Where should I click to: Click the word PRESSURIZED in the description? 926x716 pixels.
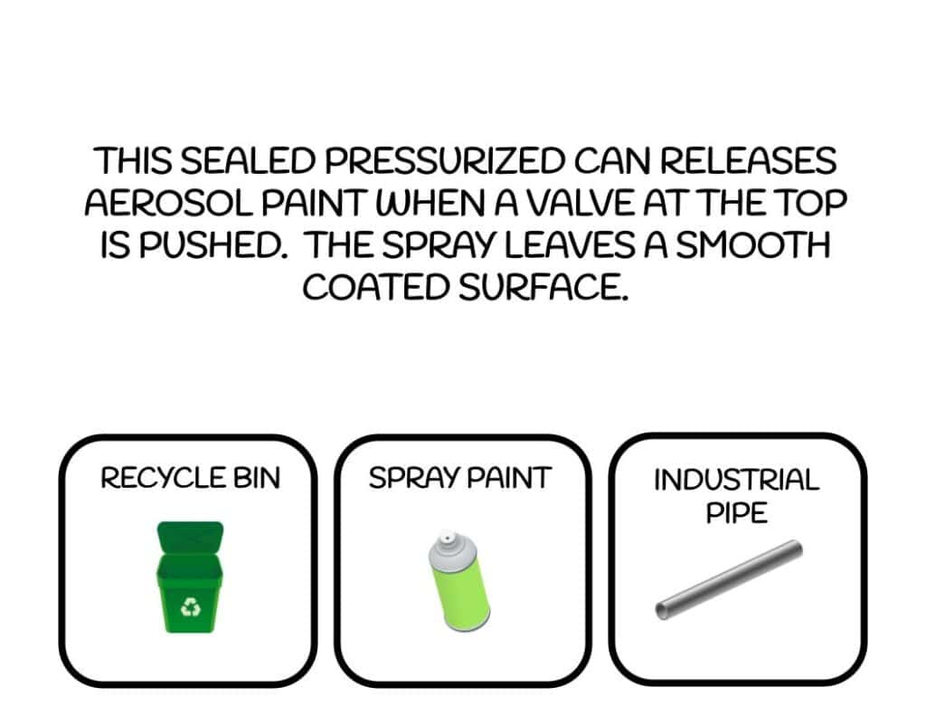(x=444, y=161)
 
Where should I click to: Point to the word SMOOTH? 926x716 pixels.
(x=753, y=245)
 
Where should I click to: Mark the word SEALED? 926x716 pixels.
(x=247, y=161)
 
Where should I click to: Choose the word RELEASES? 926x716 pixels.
(x=748, y=161)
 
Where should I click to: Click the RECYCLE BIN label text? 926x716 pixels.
(x=190, y=478)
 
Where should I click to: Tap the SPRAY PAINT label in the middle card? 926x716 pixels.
(x=460, y=478)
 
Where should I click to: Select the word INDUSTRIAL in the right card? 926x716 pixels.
(x=736, y=480)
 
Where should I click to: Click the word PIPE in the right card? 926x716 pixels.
(x=737, y=512)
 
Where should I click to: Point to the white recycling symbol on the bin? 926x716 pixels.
(x=190, y=607)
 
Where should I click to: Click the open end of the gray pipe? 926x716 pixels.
(x=663, y=610)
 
